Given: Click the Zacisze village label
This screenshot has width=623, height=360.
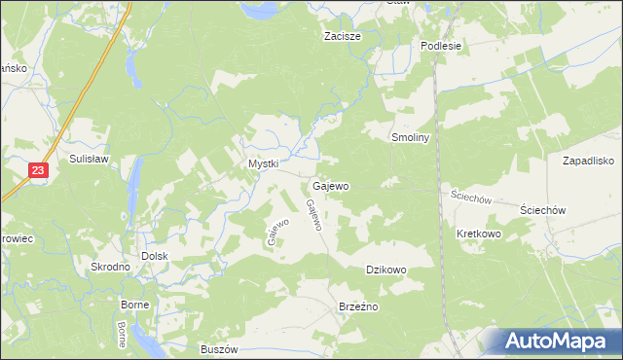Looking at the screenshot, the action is (342, 37).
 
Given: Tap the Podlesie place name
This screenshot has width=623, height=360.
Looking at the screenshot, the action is (439, 46).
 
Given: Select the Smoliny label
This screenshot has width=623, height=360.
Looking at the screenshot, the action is (410, 138).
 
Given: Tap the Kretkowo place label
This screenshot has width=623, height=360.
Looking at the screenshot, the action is (478, 234).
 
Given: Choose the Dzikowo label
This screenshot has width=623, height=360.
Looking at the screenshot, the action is (385, 270).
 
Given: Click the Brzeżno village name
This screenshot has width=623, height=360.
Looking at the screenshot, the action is (357, 306).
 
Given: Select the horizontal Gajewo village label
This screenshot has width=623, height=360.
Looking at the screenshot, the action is (331, 185).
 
